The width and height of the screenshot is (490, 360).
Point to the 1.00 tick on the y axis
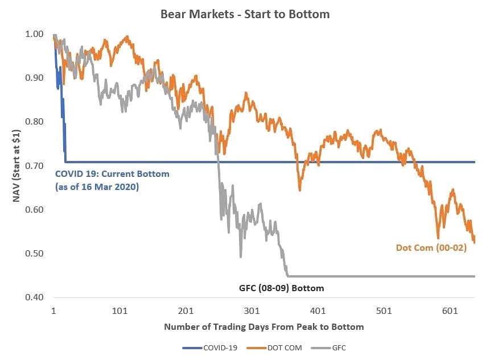(35, 34)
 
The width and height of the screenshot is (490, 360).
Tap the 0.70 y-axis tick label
(35, 165)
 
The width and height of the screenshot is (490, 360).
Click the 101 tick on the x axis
(120, 311)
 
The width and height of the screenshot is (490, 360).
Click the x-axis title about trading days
(263, 327)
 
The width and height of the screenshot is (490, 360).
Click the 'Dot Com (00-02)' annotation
(431, 247)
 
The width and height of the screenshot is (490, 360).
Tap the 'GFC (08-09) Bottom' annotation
(281, 288)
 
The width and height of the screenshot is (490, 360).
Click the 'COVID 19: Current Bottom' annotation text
(112, 174)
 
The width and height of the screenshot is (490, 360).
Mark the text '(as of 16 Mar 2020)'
(96, 187)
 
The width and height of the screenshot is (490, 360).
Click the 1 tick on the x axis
(53, 311)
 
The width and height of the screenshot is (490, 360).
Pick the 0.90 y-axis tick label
(35, 78)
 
